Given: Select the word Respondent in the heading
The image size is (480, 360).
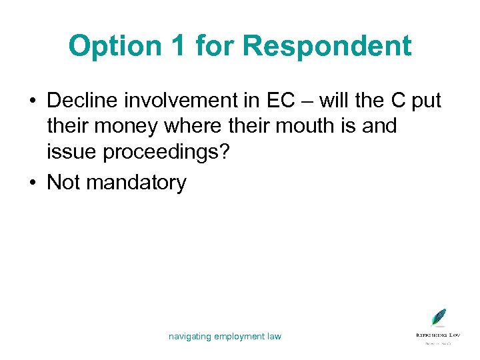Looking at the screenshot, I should click(327, 46).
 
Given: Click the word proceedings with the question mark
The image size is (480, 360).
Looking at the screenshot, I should click(177, 153).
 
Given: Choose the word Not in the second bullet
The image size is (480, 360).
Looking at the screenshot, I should click(63, 181).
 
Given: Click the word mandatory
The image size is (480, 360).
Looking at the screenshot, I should click(137, 181).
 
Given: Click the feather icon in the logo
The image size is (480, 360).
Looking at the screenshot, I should click(438, 317).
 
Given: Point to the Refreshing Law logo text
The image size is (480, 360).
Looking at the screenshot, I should click(438, 333).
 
